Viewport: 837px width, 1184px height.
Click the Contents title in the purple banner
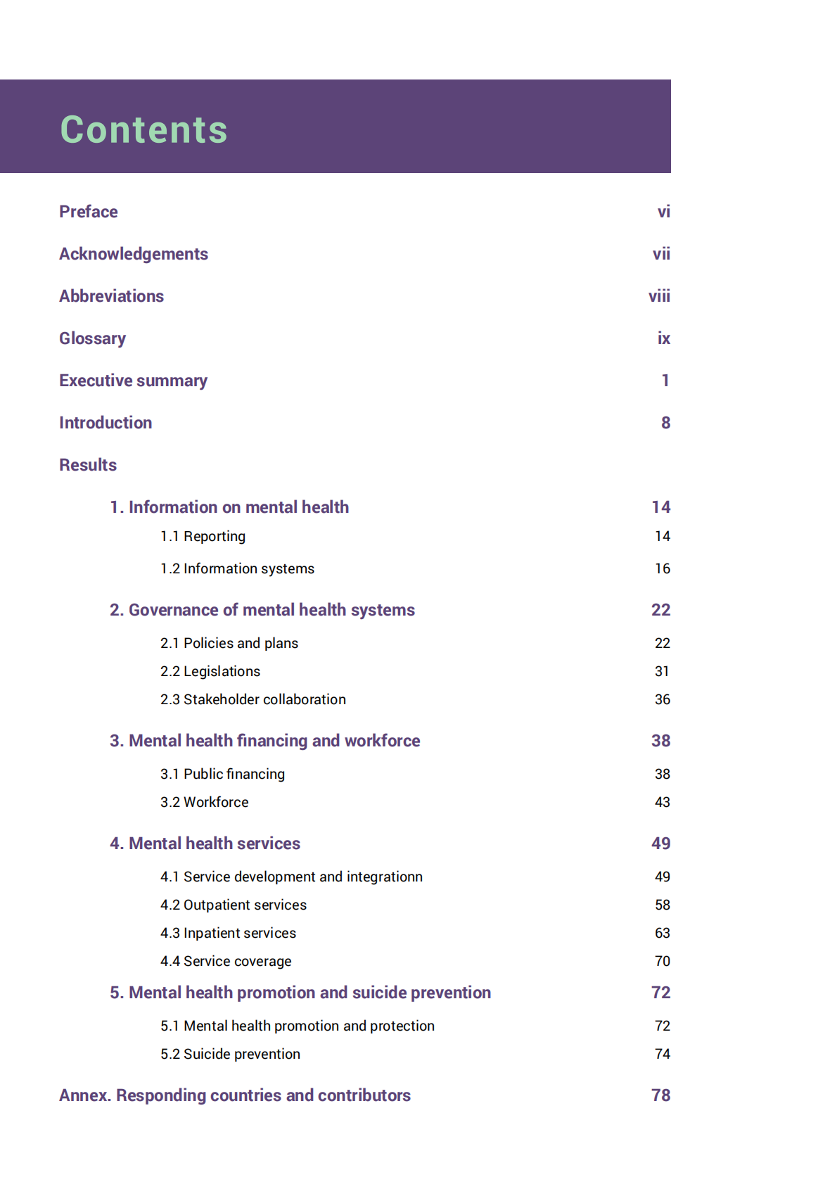144,129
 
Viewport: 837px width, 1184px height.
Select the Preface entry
89,212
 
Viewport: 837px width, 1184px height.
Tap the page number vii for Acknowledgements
660,254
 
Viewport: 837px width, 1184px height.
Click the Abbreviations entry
111,296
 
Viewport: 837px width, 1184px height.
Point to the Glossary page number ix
663,338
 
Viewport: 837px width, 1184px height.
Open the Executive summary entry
133,381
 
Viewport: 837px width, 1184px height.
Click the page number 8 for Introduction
665,423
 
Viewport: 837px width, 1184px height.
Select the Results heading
88,465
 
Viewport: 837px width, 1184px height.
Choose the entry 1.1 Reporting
203,536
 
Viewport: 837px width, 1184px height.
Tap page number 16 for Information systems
662,568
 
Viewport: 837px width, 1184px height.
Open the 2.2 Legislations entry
210,671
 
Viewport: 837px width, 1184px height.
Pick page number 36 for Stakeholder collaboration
662,699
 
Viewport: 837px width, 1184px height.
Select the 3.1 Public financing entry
222,774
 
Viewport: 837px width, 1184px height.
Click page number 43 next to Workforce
662,802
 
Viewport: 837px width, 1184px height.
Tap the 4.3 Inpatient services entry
228,933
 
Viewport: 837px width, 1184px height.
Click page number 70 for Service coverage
662,961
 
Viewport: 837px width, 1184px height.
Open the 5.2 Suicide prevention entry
230,1054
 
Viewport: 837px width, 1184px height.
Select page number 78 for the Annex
660,1095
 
